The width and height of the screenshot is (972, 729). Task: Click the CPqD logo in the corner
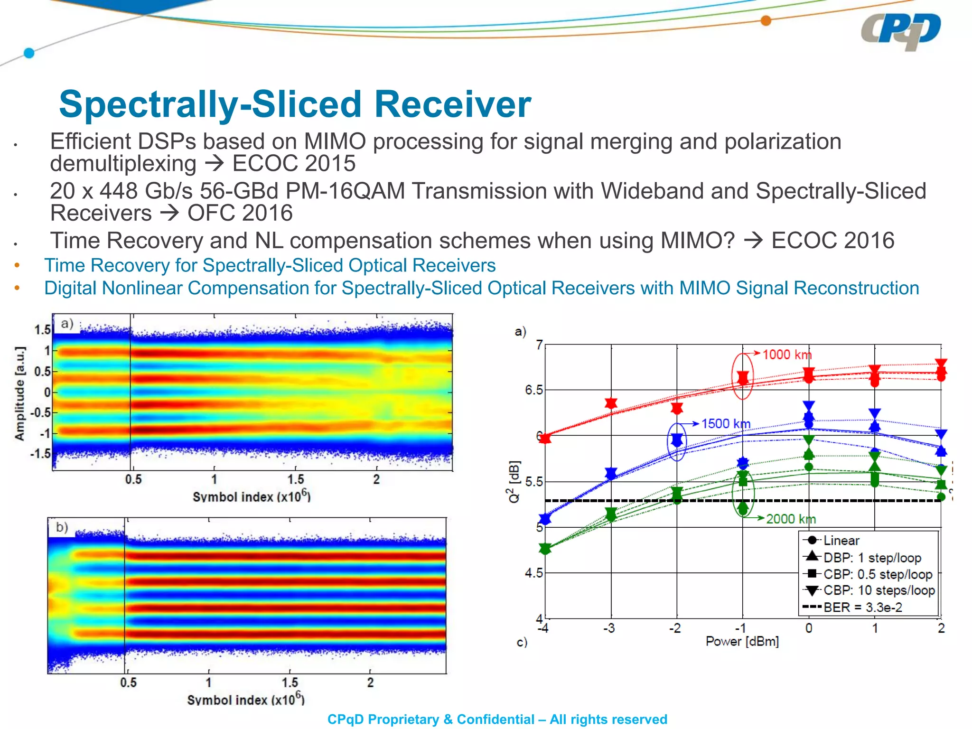tap(900, 31)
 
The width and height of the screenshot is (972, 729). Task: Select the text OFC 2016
tap(240, 213)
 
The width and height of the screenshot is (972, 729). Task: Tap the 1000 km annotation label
tap(787, 355)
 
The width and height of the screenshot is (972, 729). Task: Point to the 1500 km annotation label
tap(726, 423)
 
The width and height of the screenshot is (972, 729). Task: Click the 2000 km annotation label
tap(791, 519)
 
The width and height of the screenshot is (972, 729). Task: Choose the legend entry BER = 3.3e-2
tap(862, 607)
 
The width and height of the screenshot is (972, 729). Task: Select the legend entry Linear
tap(841, 541)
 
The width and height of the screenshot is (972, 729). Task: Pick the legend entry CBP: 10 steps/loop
tap(879, 590)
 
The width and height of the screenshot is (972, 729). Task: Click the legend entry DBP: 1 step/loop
tap(872, 558)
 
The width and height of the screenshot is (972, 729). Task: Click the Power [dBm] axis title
tap(742, 642)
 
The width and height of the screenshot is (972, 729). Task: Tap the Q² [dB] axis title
tap(514, 481)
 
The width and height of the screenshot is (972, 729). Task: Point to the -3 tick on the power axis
tap(609, 628)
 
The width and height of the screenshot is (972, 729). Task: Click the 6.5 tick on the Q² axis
tap(533, 390)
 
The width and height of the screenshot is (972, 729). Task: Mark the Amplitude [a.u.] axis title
tap(19, 393)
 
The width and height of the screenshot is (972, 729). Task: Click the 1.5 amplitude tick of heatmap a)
tap(42, 329)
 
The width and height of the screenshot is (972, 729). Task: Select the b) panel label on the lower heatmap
tap(62, 527)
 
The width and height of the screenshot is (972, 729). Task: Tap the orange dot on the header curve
tap(766, 20)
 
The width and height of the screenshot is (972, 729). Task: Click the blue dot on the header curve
tap(29, 53)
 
